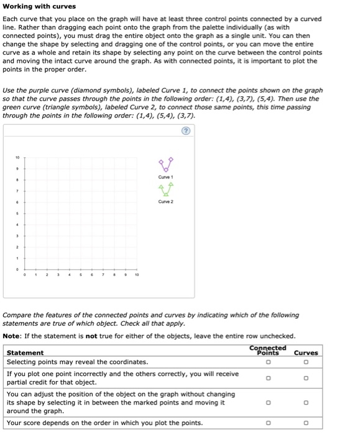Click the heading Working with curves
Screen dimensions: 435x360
point(39,6)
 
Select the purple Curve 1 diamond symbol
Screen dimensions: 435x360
point(165,165)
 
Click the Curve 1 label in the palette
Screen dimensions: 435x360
point(165,178)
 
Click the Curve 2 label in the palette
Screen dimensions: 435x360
point(165,201)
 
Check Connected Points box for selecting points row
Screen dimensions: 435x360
point(268,362)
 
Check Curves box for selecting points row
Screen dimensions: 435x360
point(305,362)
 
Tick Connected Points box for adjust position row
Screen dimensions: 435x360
point(268,403)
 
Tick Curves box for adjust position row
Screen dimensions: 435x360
point(305,403)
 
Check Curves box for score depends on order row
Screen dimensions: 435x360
point(305,423)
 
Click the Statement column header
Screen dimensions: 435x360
point(25,353)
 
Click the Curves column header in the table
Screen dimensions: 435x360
point(305,353)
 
